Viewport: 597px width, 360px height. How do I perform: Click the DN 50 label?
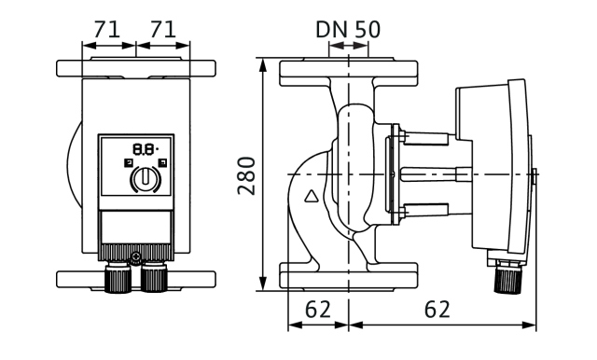click(348, 29)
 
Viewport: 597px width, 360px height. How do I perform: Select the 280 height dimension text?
click(246, 176)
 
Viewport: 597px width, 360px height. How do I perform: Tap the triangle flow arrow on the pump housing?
click(312, 196)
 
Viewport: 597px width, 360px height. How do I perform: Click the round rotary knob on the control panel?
click(146, 178)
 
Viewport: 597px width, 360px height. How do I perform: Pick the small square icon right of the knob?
click(163, 163)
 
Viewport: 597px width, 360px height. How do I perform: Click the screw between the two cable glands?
click(135, 258)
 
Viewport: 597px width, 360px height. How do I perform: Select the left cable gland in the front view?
click(118, 277)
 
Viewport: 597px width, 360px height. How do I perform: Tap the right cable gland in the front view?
click(154, 277)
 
